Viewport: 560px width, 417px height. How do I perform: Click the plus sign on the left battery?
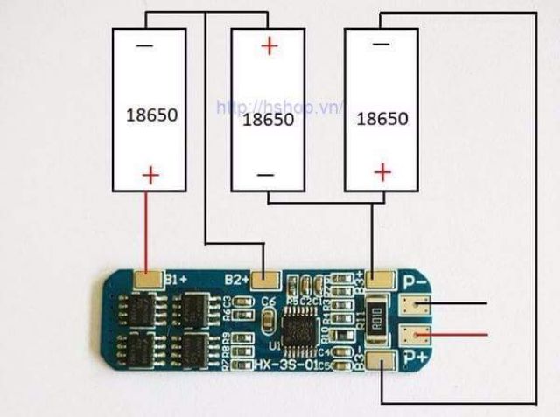(150, 176)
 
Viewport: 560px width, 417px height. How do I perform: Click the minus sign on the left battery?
(145, 43)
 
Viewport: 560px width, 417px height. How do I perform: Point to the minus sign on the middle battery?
(266, 175)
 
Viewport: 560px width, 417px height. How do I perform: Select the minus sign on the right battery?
(380, 43)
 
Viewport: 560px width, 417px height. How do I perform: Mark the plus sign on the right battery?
(381, 172)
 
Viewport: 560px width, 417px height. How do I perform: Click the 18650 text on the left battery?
(150, 114)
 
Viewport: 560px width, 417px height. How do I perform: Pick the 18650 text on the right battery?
(382, 118)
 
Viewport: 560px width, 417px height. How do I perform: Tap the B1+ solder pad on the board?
(149, 280)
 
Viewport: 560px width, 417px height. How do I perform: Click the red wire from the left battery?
(149, 227)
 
